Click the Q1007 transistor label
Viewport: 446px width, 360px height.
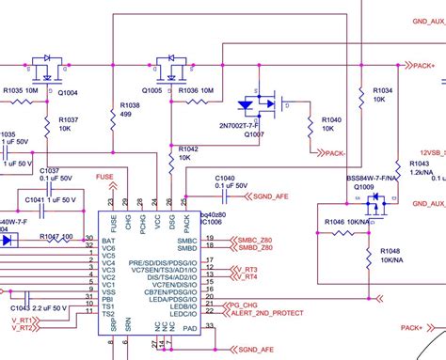tap(255, 134)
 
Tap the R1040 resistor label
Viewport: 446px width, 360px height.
tap(330, 120)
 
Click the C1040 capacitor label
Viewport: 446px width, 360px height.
tap(225, 178)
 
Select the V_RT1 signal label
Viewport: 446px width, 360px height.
tap(23, 321)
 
